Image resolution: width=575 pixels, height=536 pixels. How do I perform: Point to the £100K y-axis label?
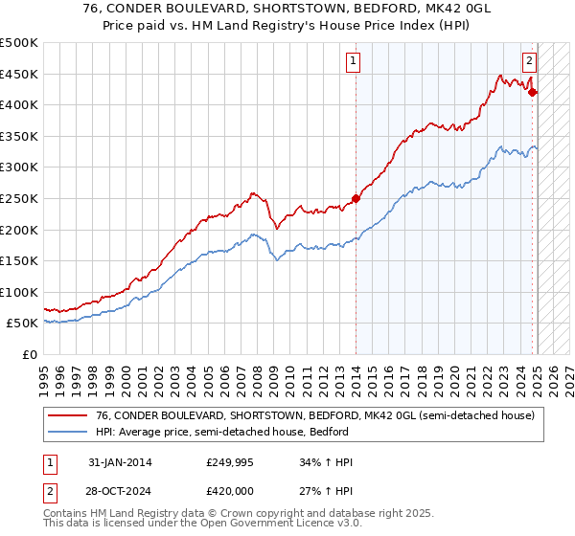(20, 292)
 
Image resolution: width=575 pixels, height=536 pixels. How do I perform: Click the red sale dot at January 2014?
(356, 198)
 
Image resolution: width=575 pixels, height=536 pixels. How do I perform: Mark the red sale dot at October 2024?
(533, 92)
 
